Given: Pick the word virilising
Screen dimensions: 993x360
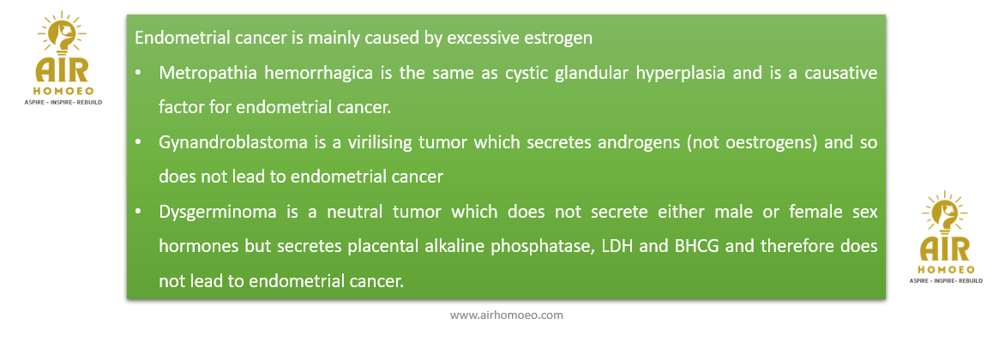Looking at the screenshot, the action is click(x=379, y=142).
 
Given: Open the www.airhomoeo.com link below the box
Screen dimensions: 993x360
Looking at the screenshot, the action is click(x=507, y=315).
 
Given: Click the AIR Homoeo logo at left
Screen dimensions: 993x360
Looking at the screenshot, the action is click(x=62, y=57).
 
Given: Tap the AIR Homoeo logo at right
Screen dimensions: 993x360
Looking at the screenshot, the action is click(x=946, y=237).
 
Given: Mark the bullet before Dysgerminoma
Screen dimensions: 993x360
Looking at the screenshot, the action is click(x=138, y=213).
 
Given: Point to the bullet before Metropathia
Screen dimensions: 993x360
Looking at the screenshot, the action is click(x=138, y=74).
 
